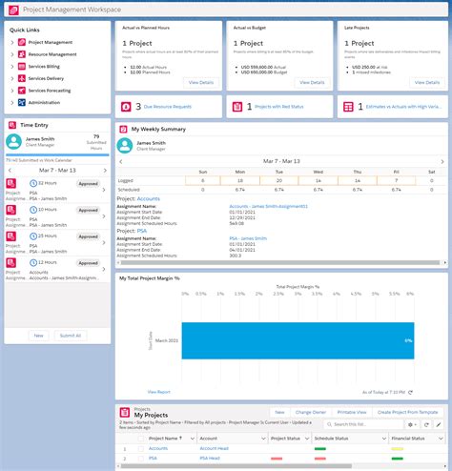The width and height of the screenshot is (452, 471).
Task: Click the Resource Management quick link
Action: pyautogui.click(x=52, y=54)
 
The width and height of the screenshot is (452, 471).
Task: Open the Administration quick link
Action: pyautogui.click(x=45, y=102)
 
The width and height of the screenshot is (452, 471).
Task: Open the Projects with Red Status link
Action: pyautogui.click(x=279, y=107)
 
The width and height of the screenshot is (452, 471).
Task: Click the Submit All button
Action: pyautogui.click(x=70, y=336)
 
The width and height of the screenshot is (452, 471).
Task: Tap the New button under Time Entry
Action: pyautogui.click(x=38, y=336)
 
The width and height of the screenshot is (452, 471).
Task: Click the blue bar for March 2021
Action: pyautogui.click(x=297, y=339)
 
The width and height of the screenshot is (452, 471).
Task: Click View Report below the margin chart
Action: pyautogui.click(x=159, y=391)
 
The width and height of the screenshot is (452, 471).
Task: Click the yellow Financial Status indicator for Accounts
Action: pyautogui.click(x=398, y=447)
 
